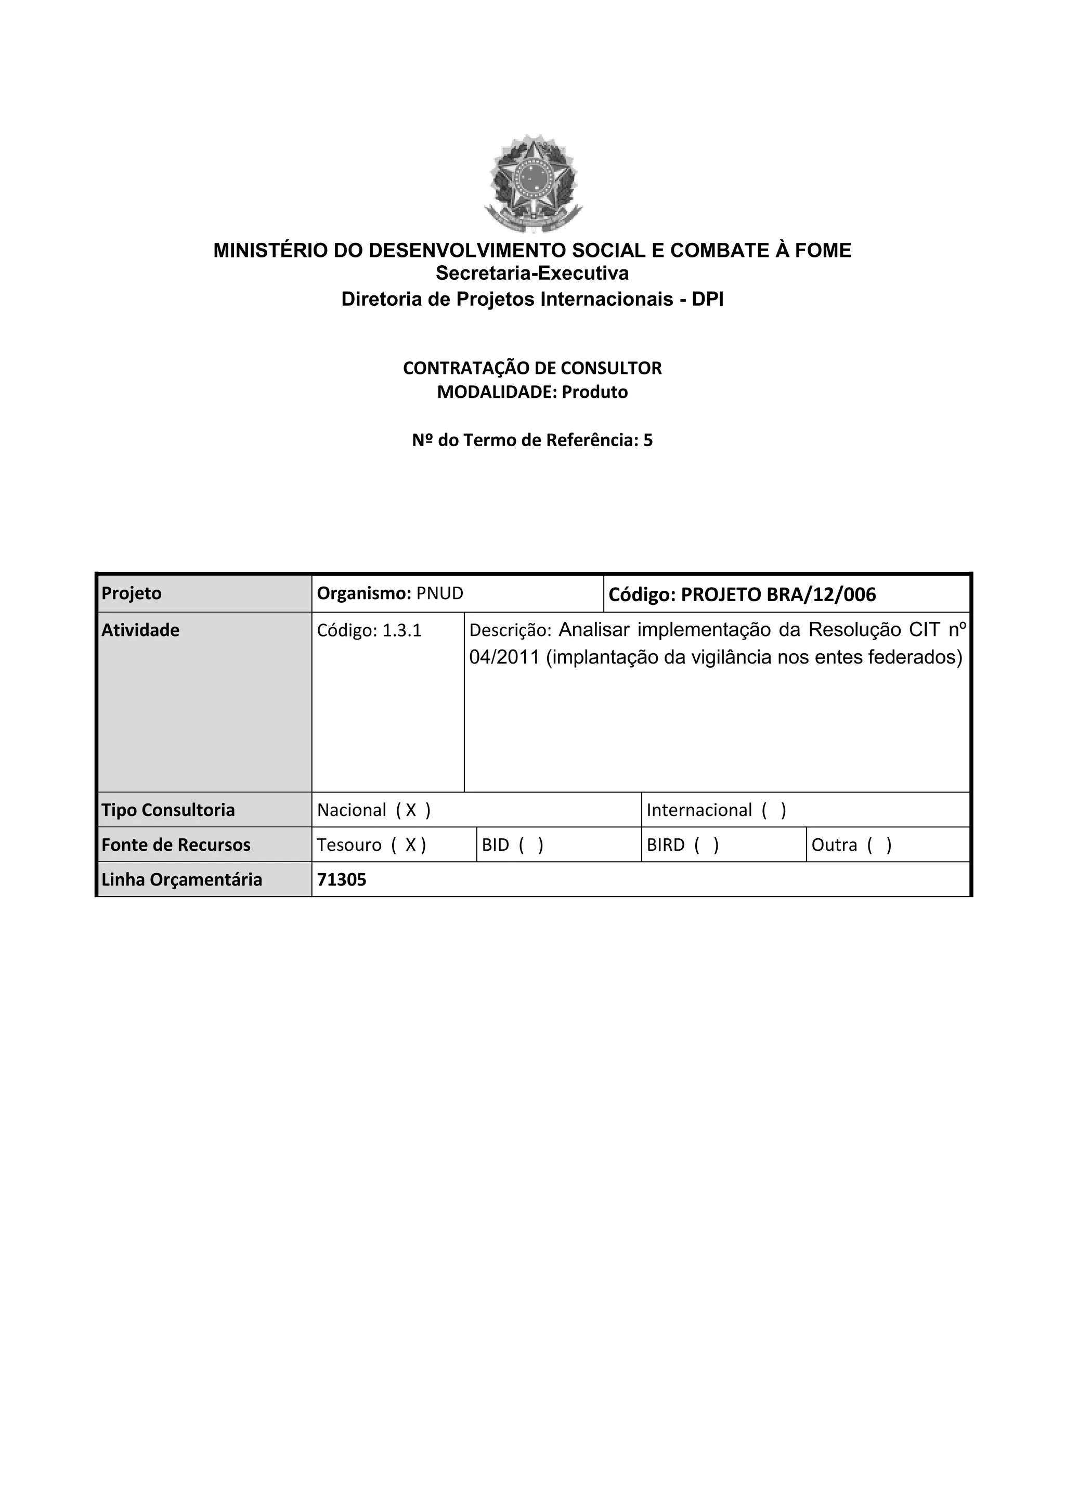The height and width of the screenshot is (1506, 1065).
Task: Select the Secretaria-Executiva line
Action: tap(532, 273)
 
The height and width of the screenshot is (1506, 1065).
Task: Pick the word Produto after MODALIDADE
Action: tap(594, 392)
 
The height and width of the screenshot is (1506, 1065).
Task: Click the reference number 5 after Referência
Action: tap(648, 440)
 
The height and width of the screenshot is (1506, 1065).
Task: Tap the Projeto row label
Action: tap(132, 593)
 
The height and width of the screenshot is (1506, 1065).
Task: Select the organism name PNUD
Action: tap(440, 593)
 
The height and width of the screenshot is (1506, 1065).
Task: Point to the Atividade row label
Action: tap(140, 630)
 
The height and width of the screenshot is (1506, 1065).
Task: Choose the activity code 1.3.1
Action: tap(401, 631)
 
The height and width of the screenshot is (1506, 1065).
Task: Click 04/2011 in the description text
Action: tap(504, 657)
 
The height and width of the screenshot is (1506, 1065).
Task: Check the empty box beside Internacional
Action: tap(774, 810)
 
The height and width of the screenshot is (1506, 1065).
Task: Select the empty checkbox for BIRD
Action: tap(706, 845)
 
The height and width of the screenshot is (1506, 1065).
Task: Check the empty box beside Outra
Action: tap(879, 845)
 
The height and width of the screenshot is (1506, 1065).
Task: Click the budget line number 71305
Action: tap(342, 879)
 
